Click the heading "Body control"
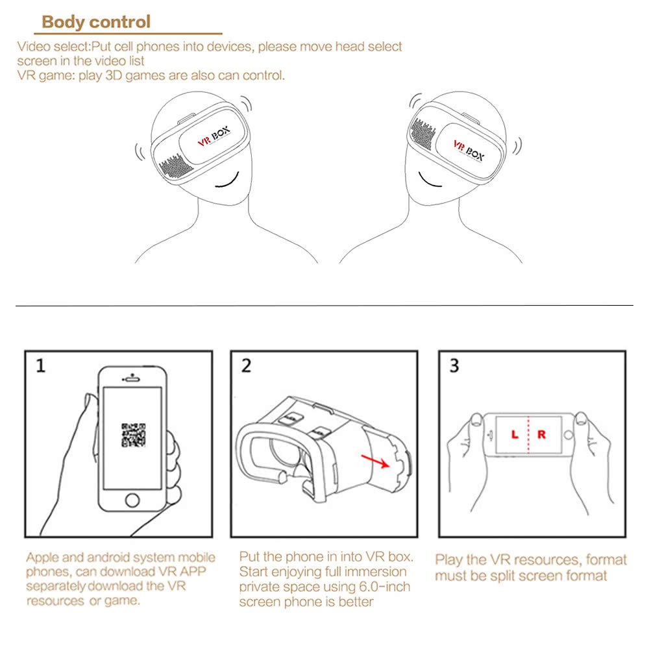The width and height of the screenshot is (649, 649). [x=96, y=22]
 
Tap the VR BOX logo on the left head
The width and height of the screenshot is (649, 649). [x=214, y=136]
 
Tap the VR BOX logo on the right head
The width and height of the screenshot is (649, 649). [x=469, y=151]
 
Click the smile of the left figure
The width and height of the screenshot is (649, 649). [x=228, y=181]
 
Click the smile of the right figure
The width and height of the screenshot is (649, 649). [x=429, y=181]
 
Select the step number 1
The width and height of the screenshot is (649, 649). [x=40, y=366]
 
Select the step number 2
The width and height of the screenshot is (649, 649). [x=246, y=366]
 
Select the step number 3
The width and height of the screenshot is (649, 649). [x=454, y=366]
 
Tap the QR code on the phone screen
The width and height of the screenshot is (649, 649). [x=133, y=435]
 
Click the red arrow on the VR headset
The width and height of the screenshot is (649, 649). [x=375, y=461]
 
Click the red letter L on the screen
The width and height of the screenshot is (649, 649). [x=515, y=434]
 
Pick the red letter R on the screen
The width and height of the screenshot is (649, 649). [x=541, y=434]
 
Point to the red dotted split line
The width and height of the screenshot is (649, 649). [x=528, y=435]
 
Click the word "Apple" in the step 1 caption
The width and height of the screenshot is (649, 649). [x=43, y=558]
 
